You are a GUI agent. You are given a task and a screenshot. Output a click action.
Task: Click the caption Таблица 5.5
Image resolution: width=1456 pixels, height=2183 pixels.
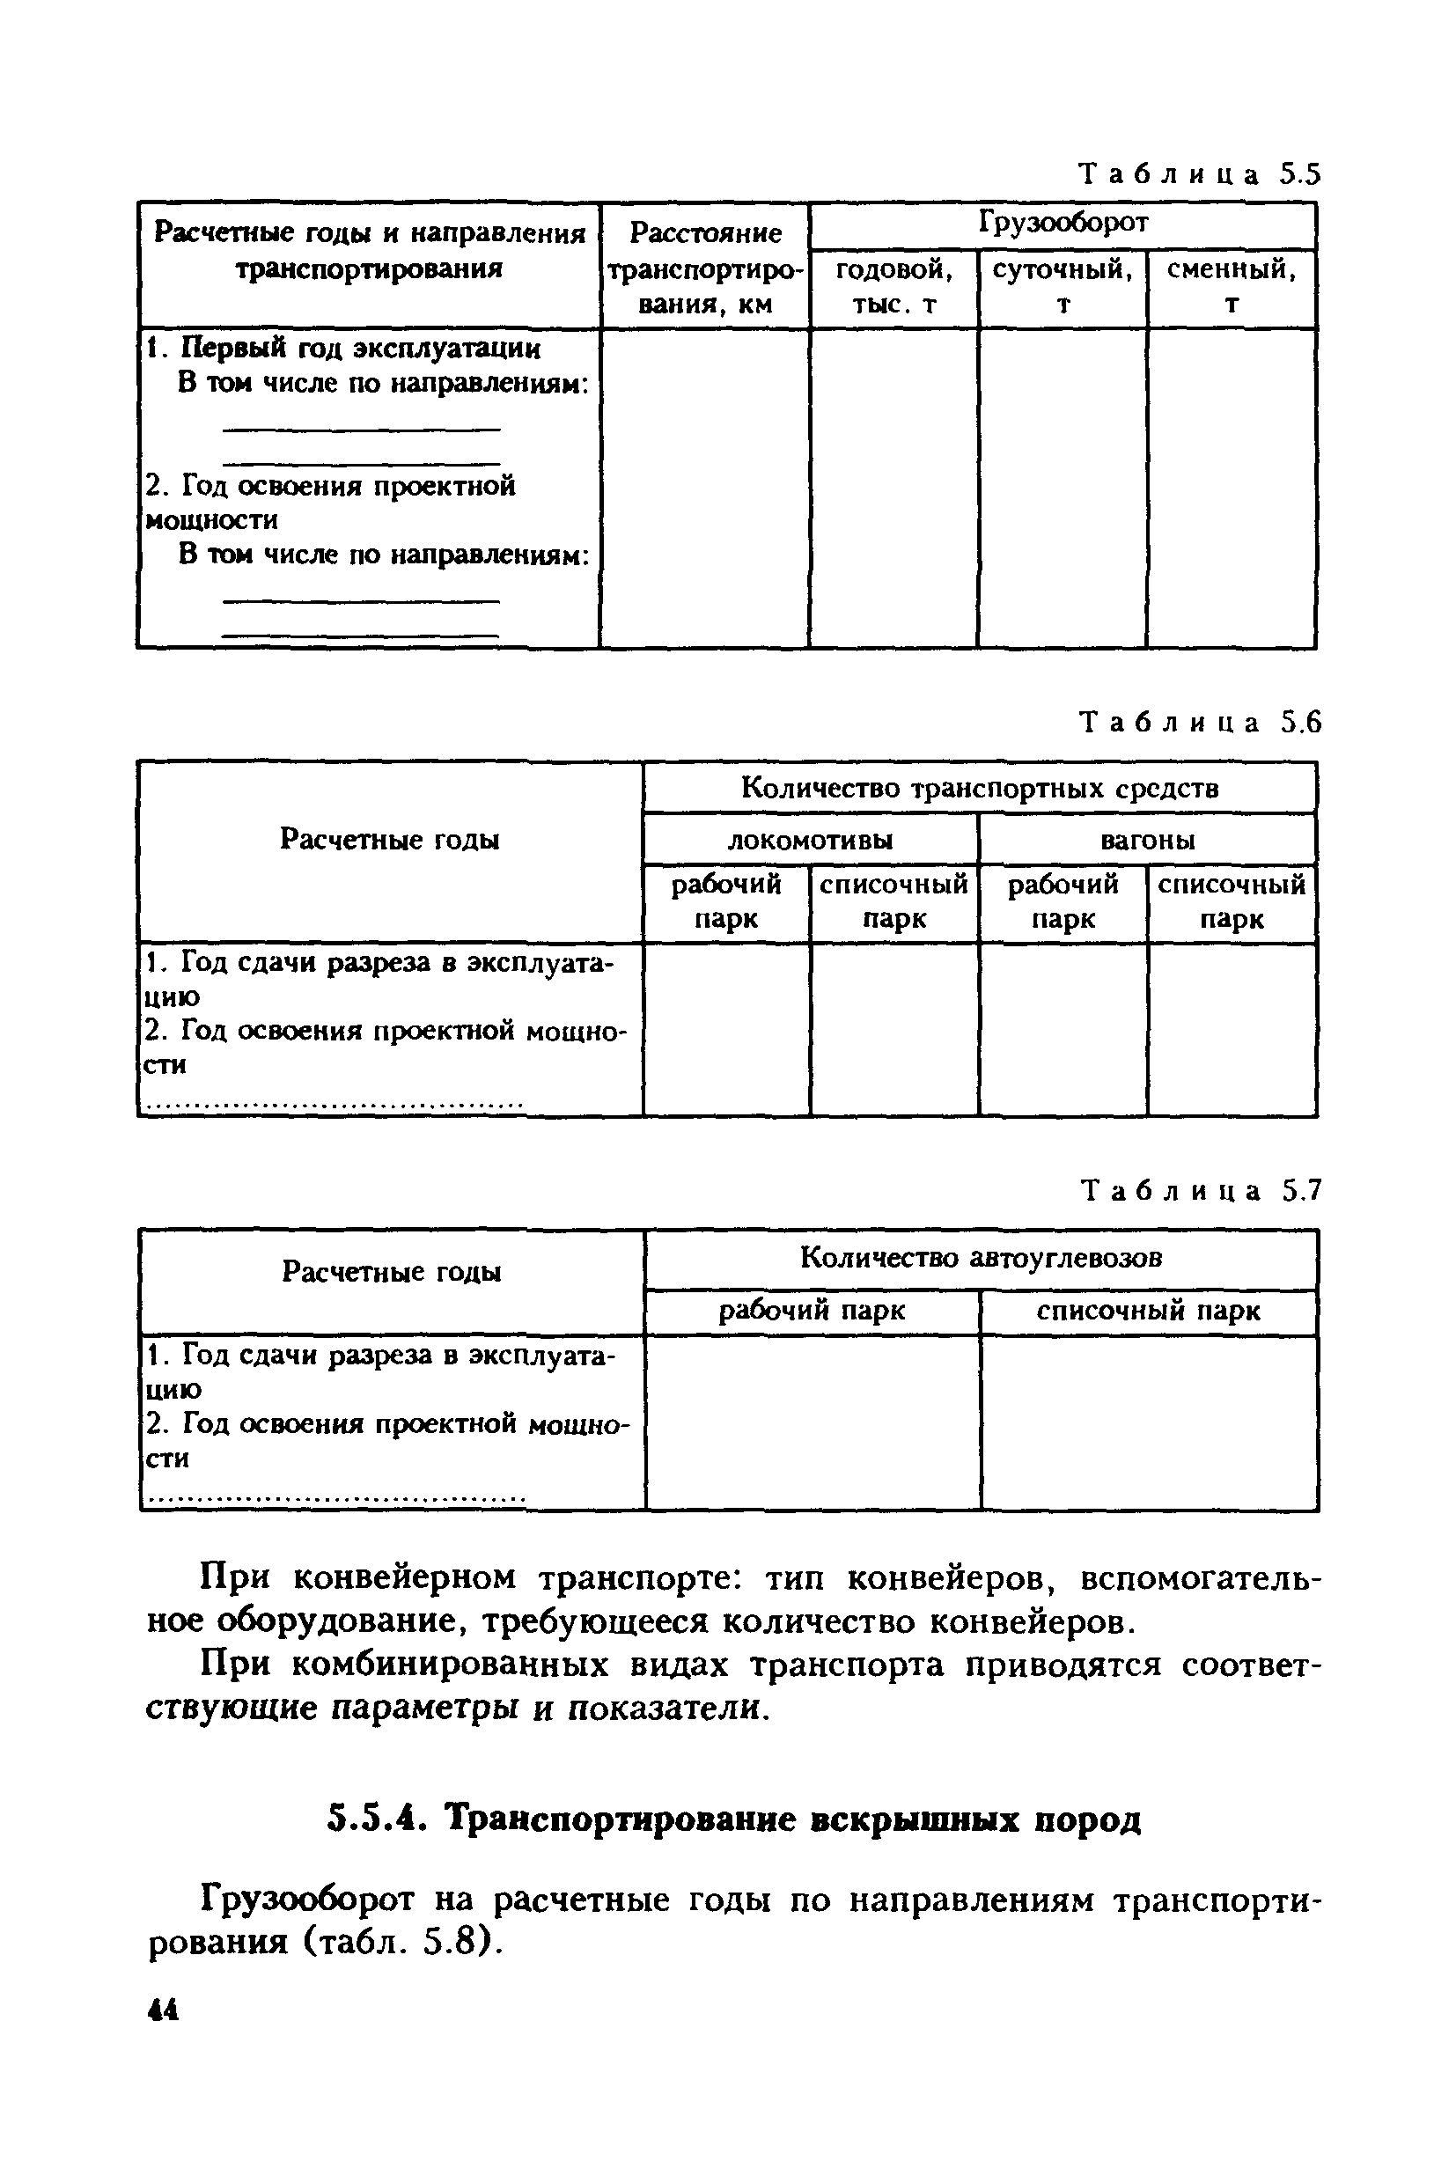(x=1198, y=174)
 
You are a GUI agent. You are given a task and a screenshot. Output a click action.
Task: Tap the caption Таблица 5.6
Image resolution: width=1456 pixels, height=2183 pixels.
(x=1198, y=723)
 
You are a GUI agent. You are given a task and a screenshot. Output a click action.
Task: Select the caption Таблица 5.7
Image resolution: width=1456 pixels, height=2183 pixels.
(x=1198, y=1190)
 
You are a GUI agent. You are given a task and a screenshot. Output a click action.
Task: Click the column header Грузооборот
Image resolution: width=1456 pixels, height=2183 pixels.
(x=1063, y=223)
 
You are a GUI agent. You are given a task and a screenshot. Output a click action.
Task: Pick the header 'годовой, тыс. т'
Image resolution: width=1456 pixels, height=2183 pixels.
(x=893, y=286)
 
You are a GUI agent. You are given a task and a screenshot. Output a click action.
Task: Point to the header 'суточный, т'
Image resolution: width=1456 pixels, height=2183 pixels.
(x=1063, y=286)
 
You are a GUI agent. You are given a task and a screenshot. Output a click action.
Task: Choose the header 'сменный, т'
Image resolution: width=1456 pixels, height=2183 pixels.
(x=1232, y=286)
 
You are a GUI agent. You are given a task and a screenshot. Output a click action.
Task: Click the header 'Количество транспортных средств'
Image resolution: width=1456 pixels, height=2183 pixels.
(x=979, y=789)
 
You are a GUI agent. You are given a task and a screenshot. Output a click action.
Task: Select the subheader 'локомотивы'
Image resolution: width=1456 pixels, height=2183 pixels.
(x=810, y=841)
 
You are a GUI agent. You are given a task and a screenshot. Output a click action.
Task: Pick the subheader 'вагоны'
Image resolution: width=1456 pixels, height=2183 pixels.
(x=1147, y=841)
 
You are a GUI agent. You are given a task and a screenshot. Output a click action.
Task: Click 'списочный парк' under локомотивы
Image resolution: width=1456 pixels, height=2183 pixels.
(x=893, y=900)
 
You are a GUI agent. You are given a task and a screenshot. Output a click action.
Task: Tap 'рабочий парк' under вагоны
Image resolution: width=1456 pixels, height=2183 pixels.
(x=1063, y=900)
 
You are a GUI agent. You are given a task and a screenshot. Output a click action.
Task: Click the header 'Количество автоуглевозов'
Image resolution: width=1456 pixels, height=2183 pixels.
(x=981, y=1258)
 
